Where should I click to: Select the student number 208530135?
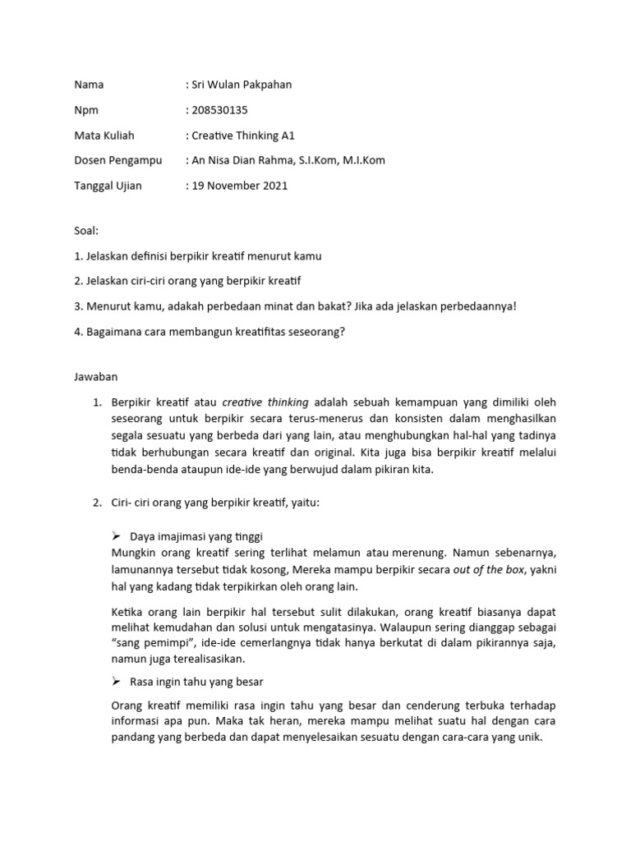tap(219, 110)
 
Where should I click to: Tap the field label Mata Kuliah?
tap(104, 136)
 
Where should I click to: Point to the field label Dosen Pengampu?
tap(118, 160)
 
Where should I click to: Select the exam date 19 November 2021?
tap(239, 186)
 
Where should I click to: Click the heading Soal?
tap(86, 232)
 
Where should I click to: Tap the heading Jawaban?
tap(96, 377)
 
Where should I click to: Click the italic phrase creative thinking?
tap(265, 402)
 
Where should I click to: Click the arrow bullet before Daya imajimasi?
tap(116, 535)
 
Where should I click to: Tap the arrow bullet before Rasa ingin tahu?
tap(116, 682)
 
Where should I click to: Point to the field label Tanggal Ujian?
tap(108, 186)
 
